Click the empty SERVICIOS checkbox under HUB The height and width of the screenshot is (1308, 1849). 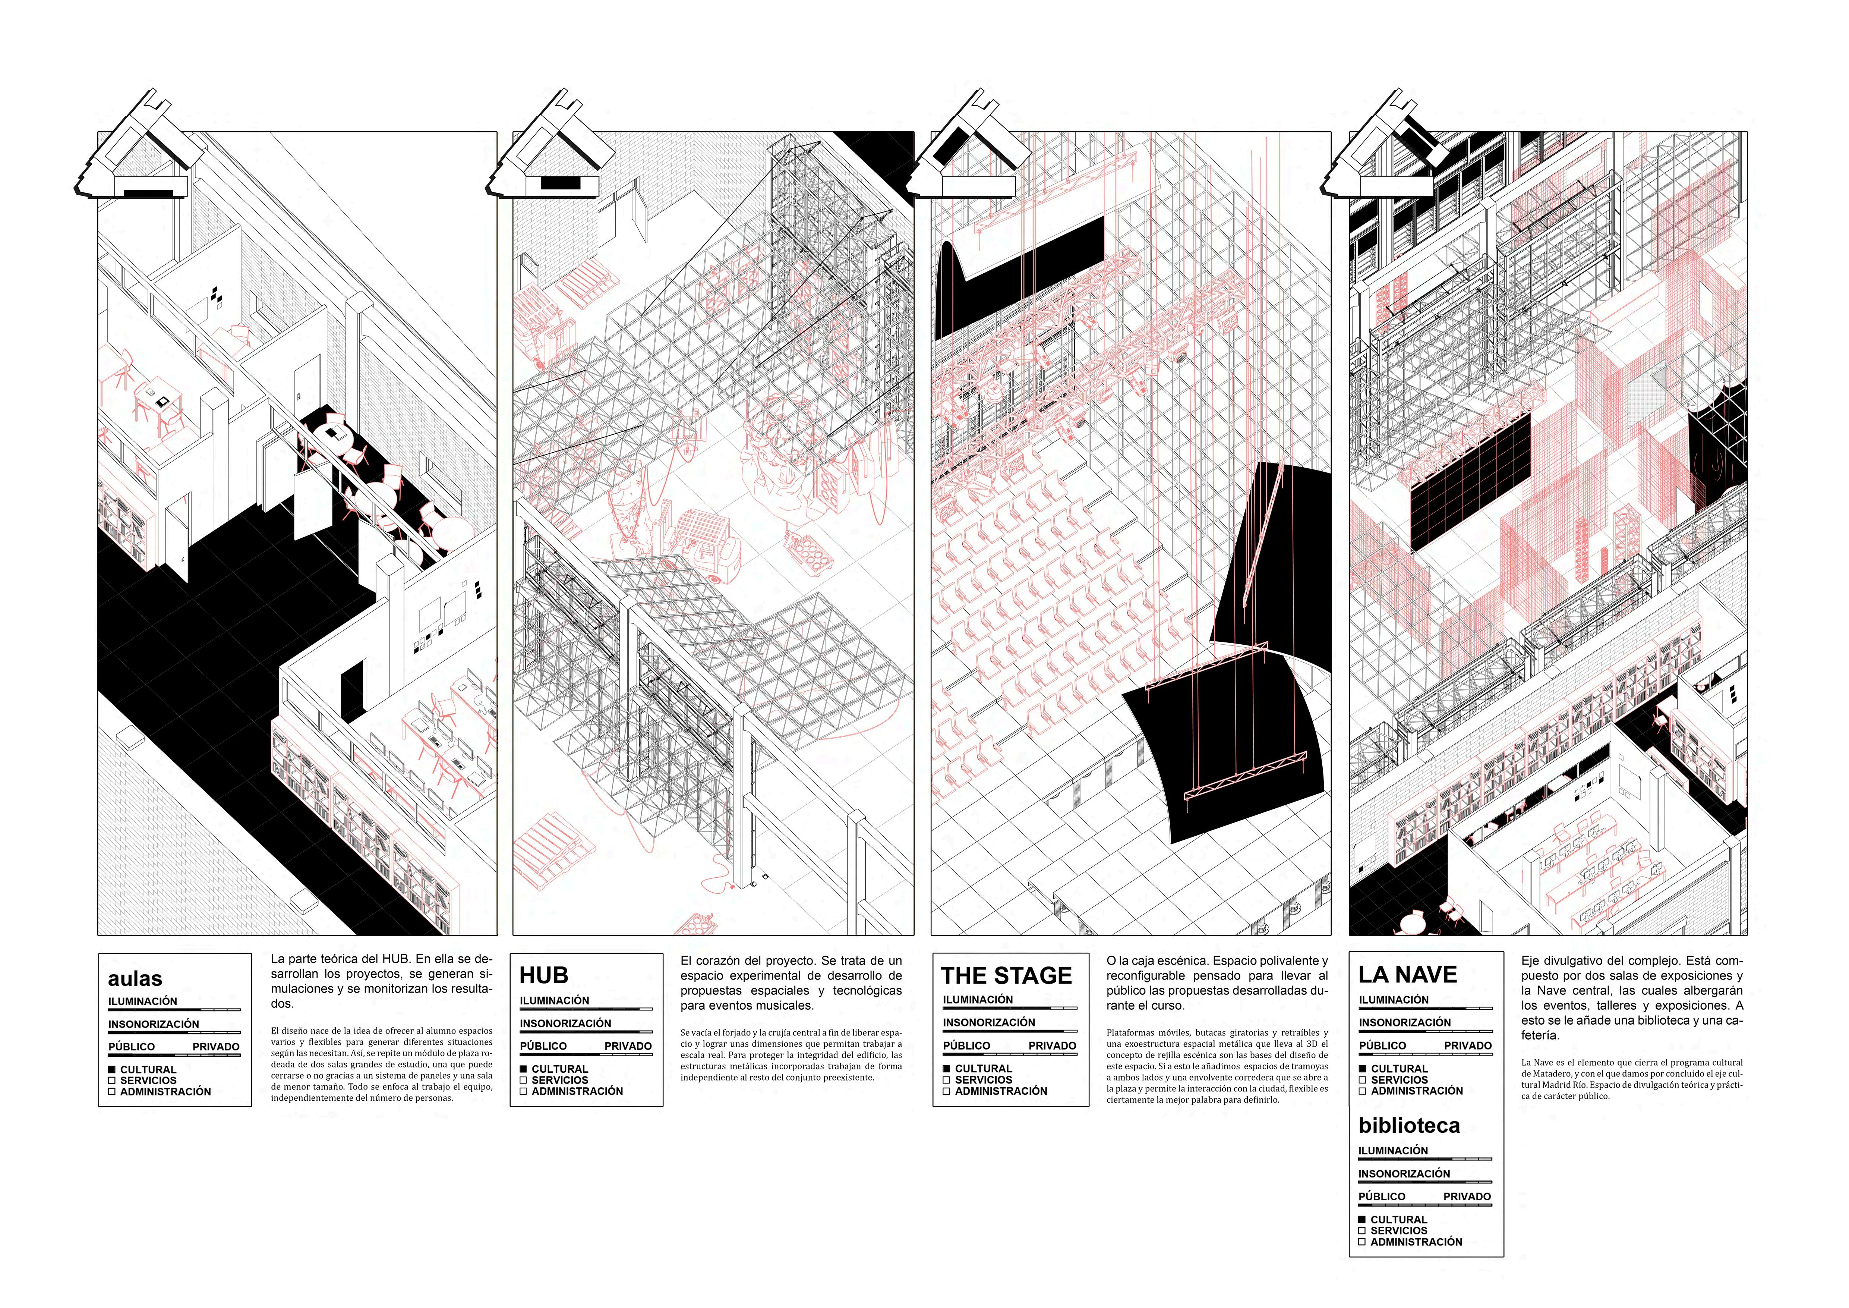pos(523,1080)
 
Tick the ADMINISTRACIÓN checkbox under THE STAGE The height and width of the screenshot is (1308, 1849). pos(947,1091)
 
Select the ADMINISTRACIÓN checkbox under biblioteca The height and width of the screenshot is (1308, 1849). pos(1363,1242)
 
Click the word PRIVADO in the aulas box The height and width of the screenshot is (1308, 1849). pos(216,1047)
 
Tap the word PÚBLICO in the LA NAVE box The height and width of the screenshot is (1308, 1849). pos(1382,1046)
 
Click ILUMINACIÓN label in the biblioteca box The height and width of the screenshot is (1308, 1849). pos(1393,1151)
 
